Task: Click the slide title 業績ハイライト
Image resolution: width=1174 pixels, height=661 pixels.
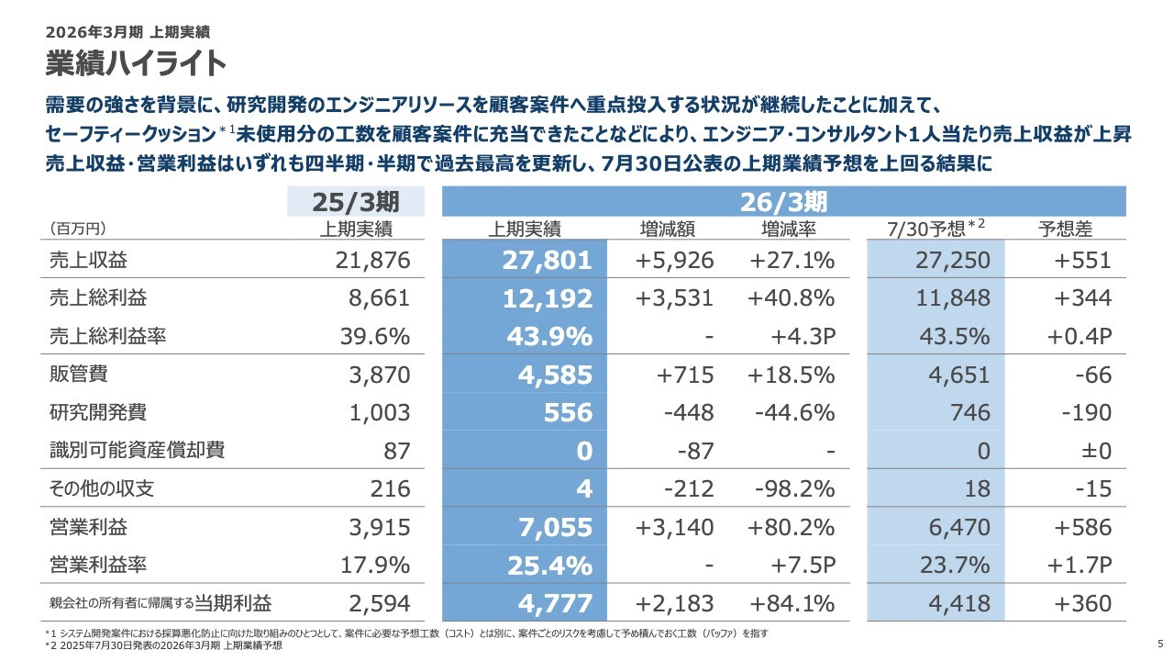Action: [x=136, y=63]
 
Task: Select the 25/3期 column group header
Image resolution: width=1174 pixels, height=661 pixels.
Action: [x=356, y=201]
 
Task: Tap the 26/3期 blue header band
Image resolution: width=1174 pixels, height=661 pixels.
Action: [x=784, y=201]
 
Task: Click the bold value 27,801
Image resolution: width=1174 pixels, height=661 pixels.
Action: [x=547, y=260]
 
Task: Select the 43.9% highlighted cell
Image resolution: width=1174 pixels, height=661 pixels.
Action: [x=549, y=337]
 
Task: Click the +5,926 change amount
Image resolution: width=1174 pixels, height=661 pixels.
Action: [x=674, y=260]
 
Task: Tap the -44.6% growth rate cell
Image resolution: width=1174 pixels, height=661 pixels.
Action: [x=794, y=413]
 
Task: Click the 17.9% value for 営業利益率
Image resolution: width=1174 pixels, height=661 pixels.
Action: [x=374, y=566]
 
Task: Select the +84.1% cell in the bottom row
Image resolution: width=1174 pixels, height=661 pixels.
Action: [x=792, y=603]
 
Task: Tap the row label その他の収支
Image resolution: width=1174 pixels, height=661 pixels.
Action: [x=101, y=488]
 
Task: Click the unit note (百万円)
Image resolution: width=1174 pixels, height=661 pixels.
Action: [x=77, y=229]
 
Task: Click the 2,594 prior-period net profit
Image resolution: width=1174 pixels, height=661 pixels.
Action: [x=379, y=603]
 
